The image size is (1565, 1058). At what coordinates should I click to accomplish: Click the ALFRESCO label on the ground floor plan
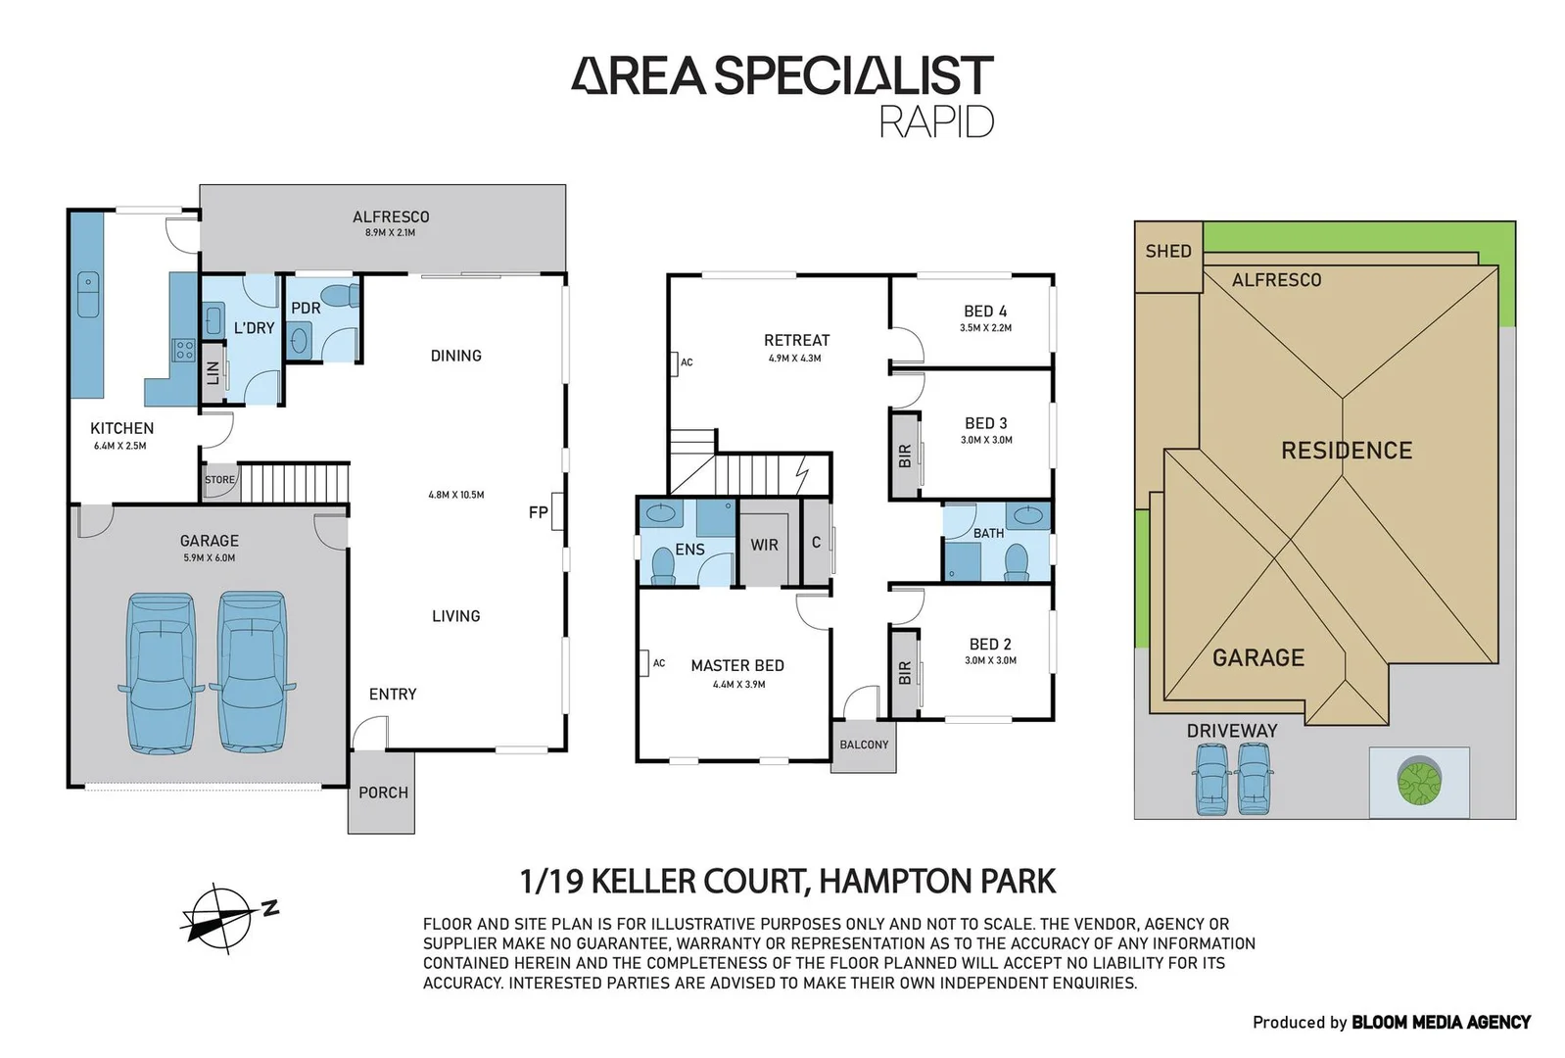point(391,217)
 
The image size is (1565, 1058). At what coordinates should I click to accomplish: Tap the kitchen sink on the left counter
point(88,294)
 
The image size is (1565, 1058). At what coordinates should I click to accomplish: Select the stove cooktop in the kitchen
point(184,350)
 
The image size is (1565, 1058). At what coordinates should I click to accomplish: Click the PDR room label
point(306,309)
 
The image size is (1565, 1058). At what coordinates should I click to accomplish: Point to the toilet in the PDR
point(343,296)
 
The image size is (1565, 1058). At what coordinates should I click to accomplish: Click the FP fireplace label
point(538,513)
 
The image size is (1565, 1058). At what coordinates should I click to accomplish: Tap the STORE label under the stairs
point(220,480)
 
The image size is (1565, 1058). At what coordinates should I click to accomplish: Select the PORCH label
point(383,793)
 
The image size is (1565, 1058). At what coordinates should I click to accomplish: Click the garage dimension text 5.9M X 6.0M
point(209,557)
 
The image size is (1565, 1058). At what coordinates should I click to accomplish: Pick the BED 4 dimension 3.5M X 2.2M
point(985,328)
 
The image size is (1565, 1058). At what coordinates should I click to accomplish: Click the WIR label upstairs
point(764,545)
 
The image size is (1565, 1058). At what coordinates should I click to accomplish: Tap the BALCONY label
point(864,745)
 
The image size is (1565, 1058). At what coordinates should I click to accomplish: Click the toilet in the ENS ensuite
point(663,565)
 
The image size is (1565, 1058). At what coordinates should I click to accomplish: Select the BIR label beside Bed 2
point(905,673)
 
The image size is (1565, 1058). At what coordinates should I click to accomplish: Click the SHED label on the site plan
point(1168,251)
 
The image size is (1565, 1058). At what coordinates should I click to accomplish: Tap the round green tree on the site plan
point(1419,780)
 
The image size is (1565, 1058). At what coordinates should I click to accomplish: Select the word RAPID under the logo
point(936,121)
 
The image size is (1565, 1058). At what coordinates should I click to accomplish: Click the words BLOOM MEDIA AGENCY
point(1442,1023)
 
